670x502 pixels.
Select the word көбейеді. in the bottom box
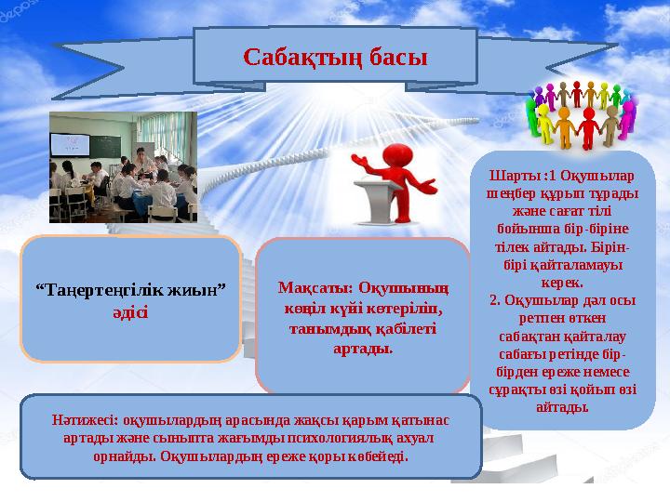click(377, 457)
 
